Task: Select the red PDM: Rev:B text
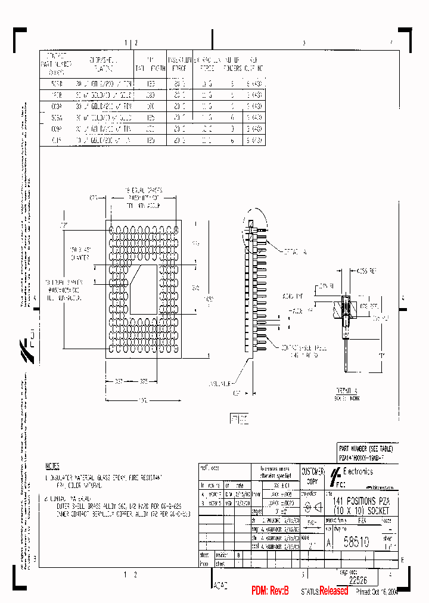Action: coord(270,591)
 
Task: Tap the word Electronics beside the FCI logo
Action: coord(357,471)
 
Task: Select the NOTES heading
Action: coord(52,466)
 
